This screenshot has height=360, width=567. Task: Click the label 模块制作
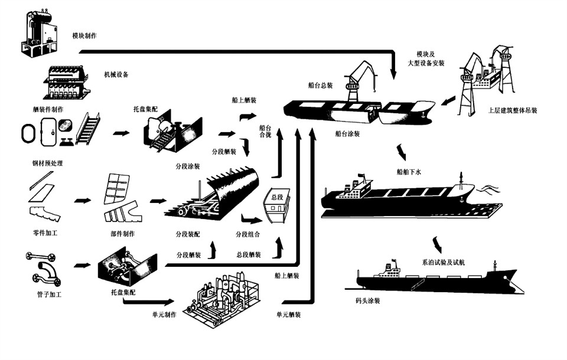[x=84, y=36]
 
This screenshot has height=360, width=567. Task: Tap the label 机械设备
[x=116, y=75]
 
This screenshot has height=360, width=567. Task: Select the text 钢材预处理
[x=48, y=163]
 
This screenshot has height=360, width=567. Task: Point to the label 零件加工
[x=45, y=233]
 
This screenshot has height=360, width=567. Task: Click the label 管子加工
[x=49, y=294]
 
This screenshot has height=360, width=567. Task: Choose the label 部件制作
[x=122, y=234]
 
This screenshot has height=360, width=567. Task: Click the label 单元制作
[x=164, y=315]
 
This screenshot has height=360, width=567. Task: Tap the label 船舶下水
[x=409, y=172]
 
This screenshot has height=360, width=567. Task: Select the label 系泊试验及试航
[x=443, y=263]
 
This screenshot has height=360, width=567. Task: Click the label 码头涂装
[x=368, y=301]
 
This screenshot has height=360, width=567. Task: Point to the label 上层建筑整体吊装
[x=513, y=110]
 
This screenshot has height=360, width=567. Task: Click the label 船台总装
[x=320, y=86]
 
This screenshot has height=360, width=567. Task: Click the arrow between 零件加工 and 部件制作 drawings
[x=83, y=200]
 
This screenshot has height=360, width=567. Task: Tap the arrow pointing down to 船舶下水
[x=402, y=152]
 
